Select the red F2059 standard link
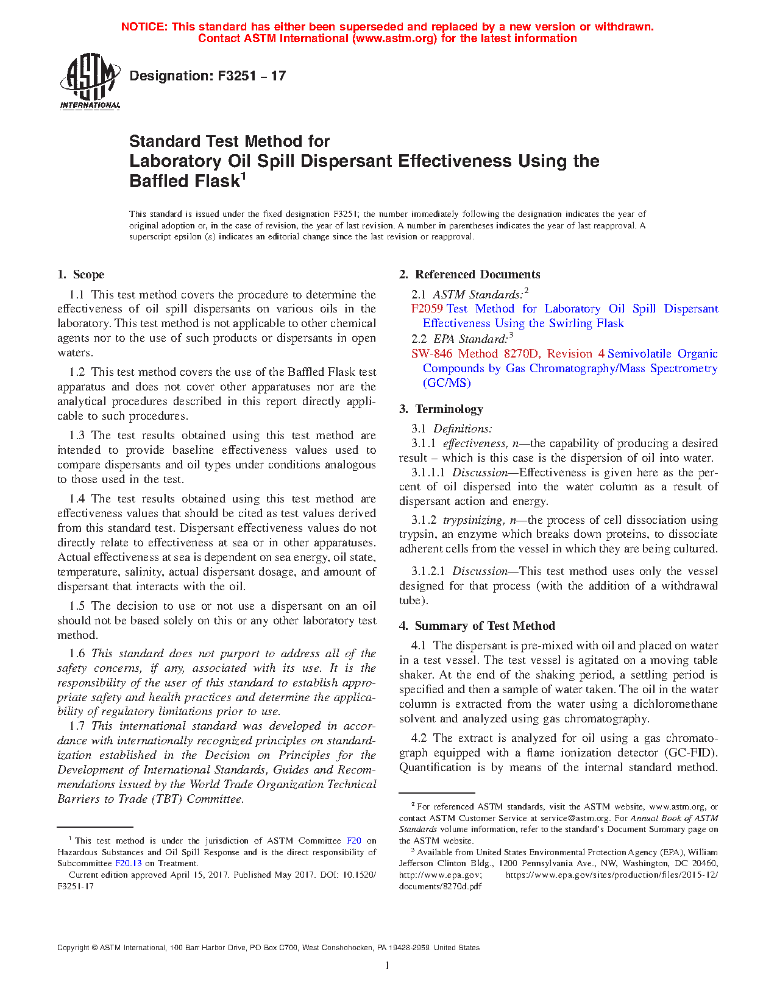pos(427,309)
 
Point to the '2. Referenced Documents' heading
pos(469,275)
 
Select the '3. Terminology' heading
pos(441,409)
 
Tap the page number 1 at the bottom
pos(388,965)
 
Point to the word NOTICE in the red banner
pos(144,27)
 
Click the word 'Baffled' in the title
pos(154,182)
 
